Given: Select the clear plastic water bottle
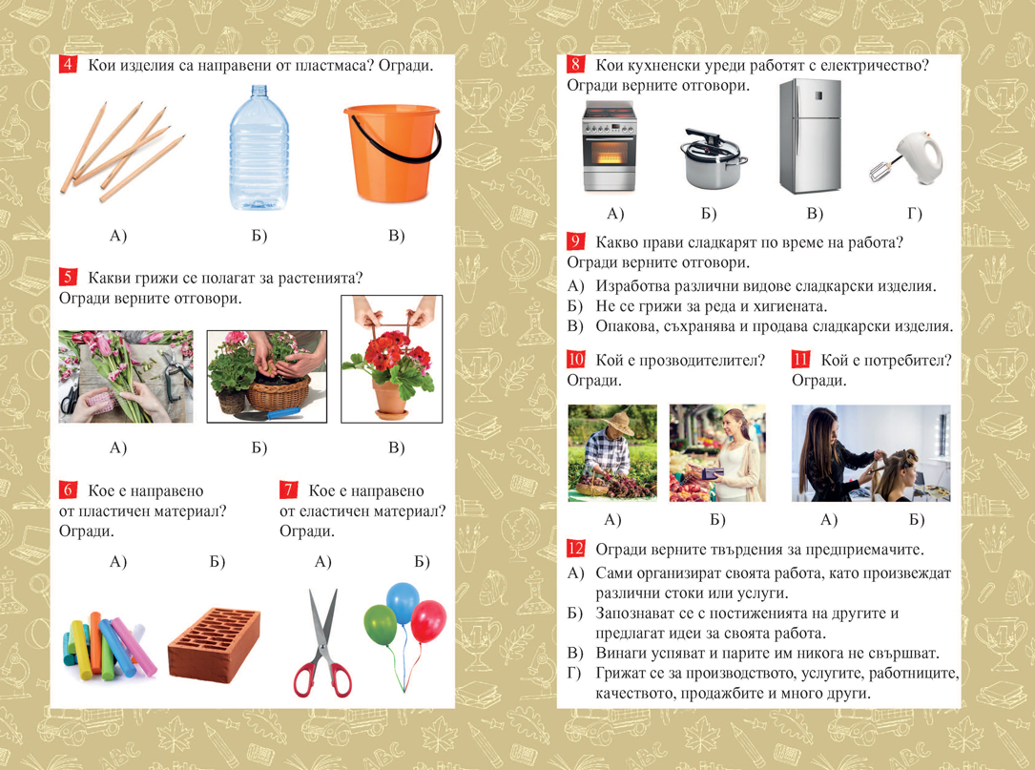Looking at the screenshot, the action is point(259,148).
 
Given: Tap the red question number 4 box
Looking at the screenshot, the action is point(68,64).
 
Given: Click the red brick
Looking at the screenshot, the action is point(214,644).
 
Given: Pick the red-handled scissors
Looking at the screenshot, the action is point(322,644).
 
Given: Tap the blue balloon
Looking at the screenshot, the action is point(402,602).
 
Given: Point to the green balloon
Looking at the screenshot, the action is point(381,624).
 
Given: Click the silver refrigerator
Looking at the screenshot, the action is point(810,136).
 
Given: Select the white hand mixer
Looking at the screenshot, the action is point(907,158).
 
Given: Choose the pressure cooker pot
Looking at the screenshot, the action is point(713,158).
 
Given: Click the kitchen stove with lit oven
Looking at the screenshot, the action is point(608,147).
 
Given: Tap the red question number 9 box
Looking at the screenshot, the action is point(575,241).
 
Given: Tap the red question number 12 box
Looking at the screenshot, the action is point(575,548).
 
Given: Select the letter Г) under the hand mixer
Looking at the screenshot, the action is point(914,214).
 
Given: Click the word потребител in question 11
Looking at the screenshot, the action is point(907,361).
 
